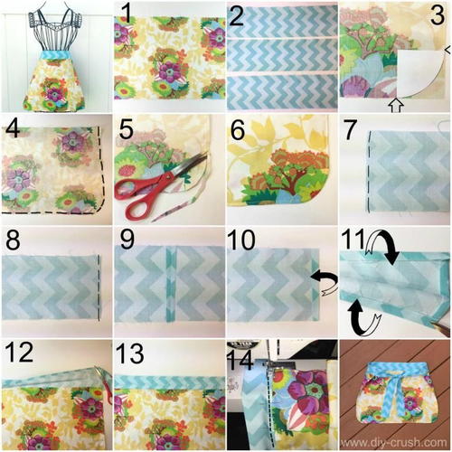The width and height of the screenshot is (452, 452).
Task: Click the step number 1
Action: (x=127, y=13)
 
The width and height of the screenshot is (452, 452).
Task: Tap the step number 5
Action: (x=126, y=129)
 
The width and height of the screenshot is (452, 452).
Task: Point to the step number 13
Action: (x=129, y=353)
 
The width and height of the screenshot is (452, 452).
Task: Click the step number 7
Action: (x=351, y=129)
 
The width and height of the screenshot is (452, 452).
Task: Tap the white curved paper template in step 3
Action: (x=421, y=74)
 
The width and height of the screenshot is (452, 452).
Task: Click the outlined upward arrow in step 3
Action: (x=396, y=105)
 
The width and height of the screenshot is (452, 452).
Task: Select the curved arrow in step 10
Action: (x=325, y=282)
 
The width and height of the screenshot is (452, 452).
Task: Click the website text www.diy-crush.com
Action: (x=393, y=443)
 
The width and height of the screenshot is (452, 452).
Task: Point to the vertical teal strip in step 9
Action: (x=171, y=283)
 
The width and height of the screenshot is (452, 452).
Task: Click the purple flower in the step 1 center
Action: (x=168, y=71)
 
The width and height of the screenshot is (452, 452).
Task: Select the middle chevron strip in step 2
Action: (x=282, y=55)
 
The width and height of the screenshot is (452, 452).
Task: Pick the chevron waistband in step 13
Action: (x=169, y=381)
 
